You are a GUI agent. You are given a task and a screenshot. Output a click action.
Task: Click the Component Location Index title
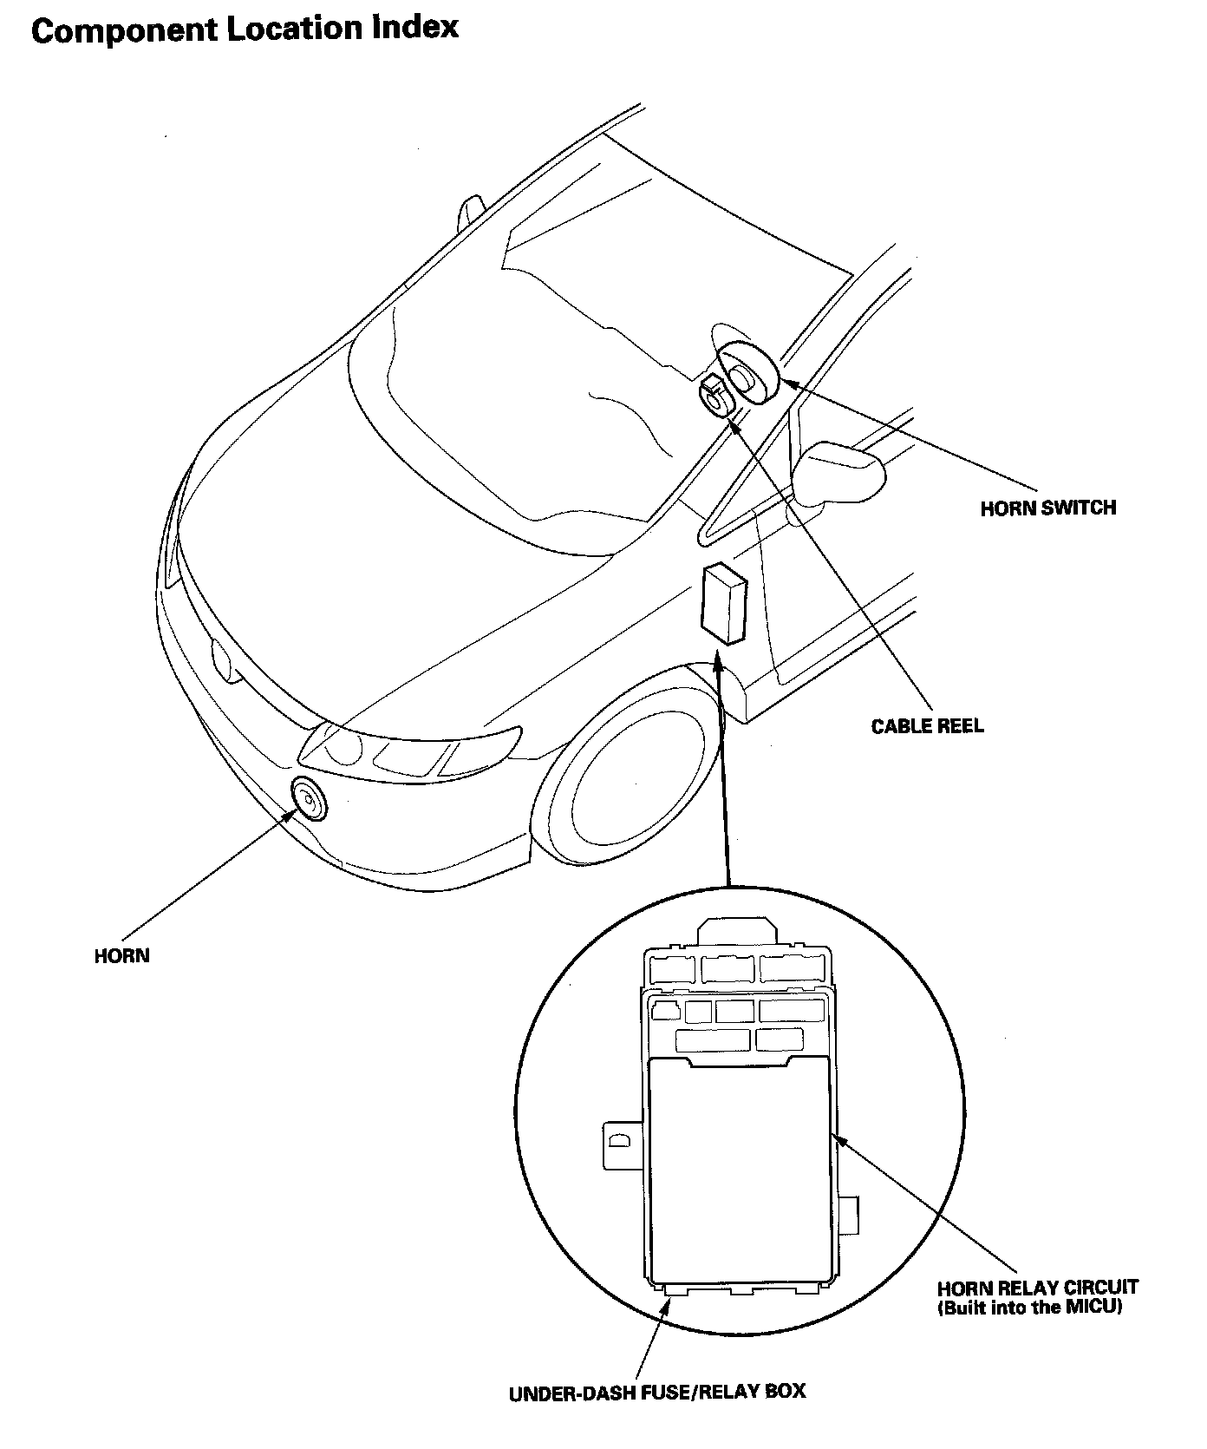pos(244,29)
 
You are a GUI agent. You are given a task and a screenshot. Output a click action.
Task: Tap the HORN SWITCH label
pos(1047,508)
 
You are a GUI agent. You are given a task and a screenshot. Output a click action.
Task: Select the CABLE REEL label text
pos(927,725)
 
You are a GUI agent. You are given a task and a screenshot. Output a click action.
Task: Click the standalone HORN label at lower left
pos(121,956)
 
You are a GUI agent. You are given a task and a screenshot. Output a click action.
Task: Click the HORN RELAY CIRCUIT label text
pos(1037,1288)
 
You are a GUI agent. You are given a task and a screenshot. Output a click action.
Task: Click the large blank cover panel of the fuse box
pos(740,1170)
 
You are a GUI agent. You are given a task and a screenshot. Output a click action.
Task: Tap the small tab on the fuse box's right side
pos(851,1213)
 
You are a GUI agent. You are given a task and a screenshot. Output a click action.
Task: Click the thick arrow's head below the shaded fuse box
pos(718,664)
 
